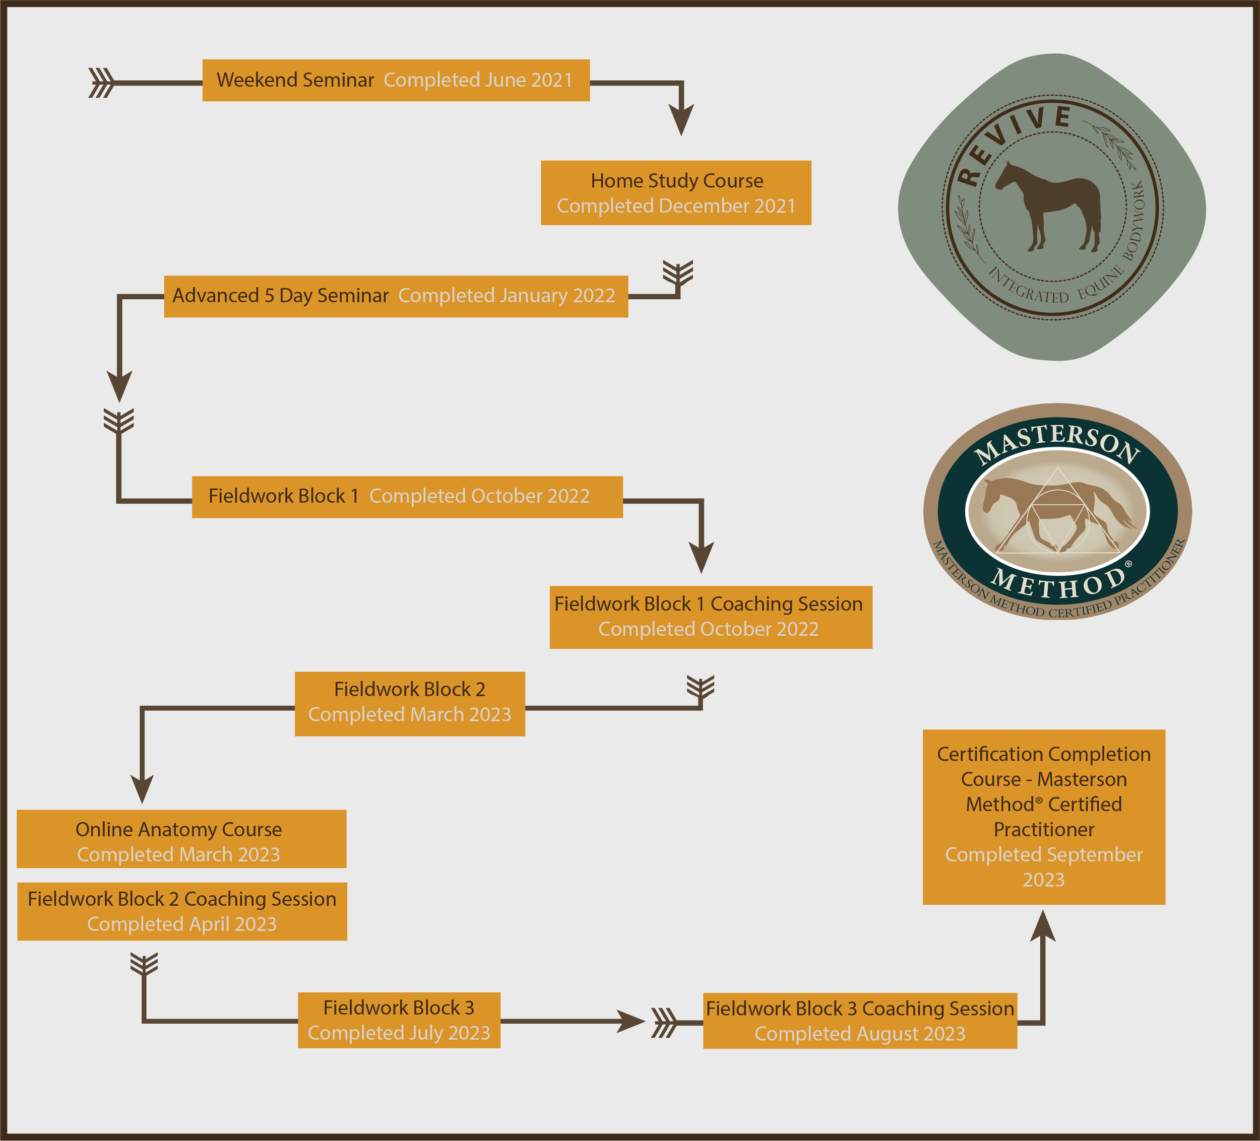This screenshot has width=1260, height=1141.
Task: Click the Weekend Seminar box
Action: (396, 81)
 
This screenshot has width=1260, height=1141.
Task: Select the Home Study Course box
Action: (676, 192)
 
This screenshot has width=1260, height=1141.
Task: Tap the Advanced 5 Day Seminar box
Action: (396, 296)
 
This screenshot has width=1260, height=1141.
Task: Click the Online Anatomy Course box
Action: (181, 839)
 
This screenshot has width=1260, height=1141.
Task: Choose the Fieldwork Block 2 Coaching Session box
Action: (182, 911)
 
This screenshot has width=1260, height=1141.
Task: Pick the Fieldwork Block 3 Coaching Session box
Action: (859, 1021)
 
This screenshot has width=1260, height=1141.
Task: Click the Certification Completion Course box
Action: (1044, 816)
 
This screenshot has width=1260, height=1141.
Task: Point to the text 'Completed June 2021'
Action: (478, 81)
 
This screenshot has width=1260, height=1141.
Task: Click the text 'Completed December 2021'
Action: (676, 206)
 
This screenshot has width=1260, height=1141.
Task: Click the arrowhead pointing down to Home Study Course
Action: (681, 120)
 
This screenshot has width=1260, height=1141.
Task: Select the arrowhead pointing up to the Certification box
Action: (1042, 927)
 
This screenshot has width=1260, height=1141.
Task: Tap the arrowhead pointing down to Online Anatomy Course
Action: (143, 788)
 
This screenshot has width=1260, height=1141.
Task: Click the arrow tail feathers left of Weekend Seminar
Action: (101, 83)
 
